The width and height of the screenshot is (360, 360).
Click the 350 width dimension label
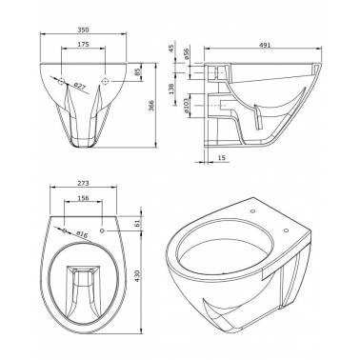[x=83, y=30]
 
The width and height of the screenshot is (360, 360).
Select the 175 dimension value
[x=83, y=45]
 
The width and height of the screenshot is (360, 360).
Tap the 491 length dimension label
[x=265, y=45]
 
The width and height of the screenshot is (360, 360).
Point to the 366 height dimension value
[x=151, y=106]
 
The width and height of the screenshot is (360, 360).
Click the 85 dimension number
[x=137, y=72]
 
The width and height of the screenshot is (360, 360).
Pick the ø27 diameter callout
[x=80, y=86]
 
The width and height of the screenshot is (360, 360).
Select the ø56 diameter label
[x=187, y=53]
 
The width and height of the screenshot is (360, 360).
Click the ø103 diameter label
[x=187, y=106]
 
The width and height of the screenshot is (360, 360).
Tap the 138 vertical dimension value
[x=171, y=89]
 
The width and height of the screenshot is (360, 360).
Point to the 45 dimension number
[x=171, y=49]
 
